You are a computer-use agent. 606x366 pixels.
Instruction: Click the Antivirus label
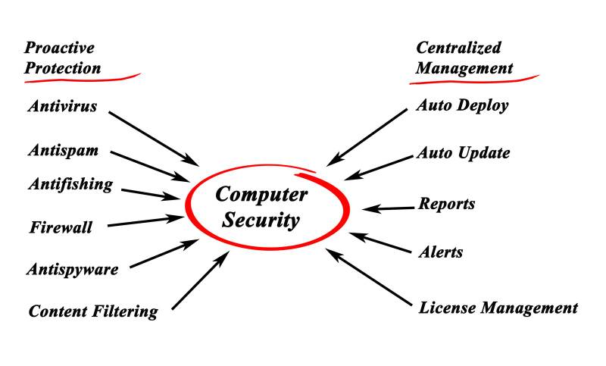coord(62,106)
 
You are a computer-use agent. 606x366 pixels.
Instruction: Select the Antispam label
coord(63,150)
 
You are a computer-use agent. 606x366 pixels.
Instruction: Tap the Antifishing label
coord(70,184)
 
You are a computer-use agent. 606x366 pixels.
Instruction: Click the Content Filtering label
coord(93,311)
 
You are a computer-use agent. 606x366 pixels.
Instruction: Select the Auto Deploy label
coord(462,105)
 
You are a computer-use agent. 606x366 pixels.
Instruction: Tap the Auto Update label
coord(463,153)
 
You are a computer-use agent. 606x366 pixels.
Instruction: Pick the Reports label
coord(447,204)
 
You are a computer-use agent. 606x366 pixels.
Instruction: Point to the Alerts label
coord(441,252)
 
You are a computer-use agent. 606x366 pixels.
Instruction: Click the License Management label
coord(498,308)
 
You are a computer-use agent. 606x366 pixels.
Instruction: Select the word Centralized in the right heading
coord(459,48)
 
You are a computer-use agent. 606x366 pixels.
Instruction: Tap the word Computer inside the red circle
coord(261,194)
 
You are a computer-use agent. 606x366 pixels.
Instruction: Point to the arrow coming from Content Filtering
coord(201,281)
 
